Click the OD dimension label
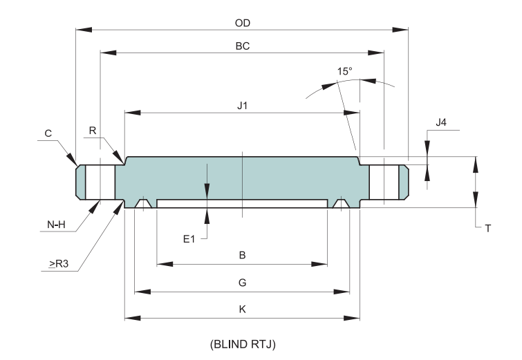pyautogui.click(x=242, y=22)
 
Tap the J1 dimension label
pyautogui.click(x=242, y=106)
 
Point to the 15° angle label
pyautogui.click(x=345, y=71)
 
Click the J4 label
pyautogui.click(x=441, y=122)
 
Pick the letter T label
pyautogui.click(x=487, y=227)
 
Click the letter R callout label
pyautogui.click(x=93, y=130)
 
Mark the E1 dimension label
pyautogui.click(x=189, y=238)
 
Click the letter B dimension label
pyautogui.click(x=242, y=256)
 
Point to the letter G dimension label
pyautogui.click(x=242, y=283)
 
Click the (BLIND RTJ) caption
pyautogui.click(x=242, y=343)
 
